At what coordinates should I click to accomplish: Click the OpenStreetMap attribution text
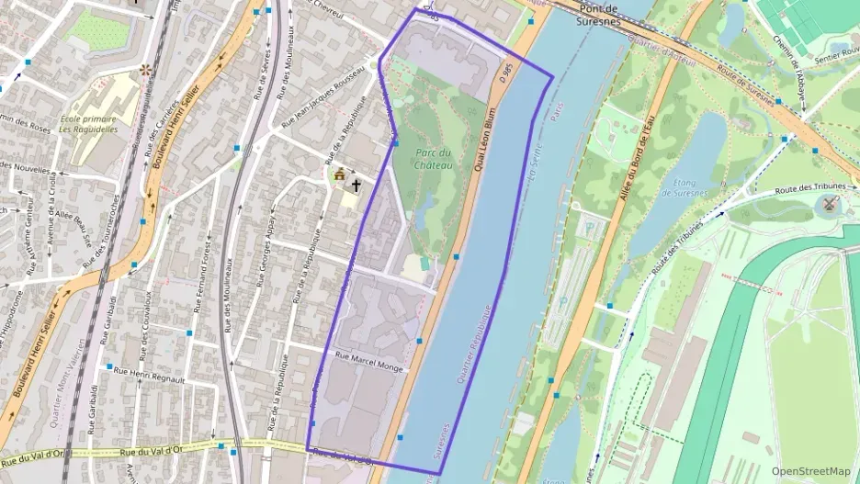811,470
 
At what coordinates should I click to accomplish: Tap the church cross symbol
355,185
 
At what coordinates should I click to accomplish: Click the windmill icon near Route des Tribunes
832,203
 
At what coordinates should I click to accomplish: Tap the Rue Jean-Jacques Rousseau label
317,114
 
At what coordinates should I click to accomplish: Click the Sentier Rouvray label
832,56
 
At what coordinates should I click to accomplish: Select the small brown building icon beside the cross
339,174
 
